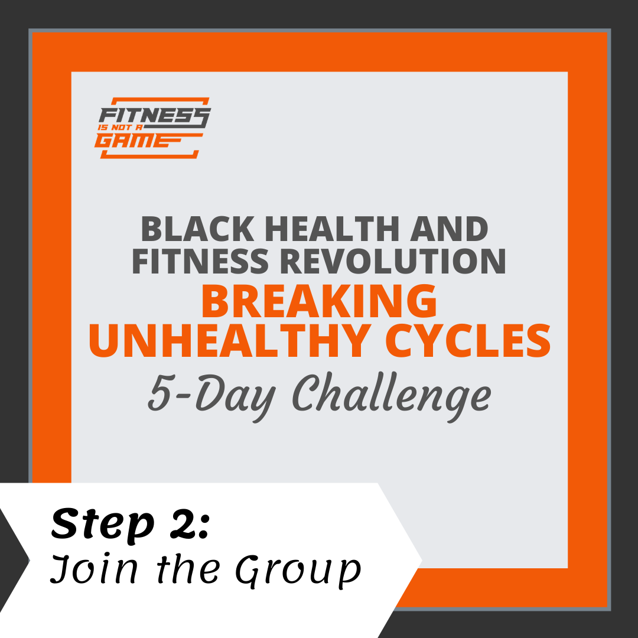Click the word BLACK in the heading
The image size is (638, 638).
(198, 229)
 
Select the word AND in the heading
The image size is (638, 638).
(449, 229)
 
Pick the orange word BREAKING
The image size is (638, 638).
(319, 302)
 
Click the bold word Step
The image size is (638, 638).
(103, 525)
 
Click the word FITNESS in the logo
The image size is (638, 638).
(155, 116)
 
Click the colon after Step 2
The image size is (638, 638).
(204, 526)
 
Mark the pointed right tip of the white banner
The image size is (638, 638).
(422, 561)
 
